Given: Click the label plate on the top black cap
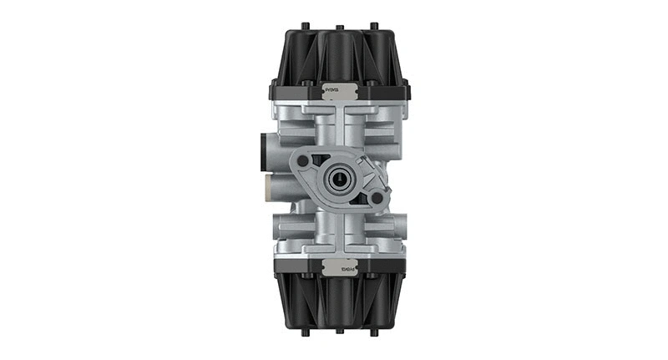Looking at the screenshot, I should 334,86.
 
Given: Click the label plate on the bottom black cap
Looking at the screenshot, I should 334,270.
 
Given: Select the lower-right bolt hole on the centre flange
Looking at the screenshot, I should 377,198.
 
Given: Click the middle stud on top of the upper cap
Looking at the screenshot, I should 338,25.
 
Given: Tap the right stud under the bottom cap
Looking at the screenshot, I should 373,332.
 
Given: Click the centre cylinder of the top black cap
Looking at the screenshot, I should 338,54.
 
